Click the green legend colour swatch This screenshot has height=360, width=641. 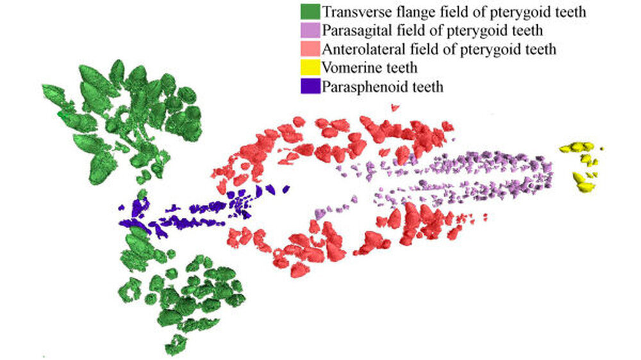[310, 12]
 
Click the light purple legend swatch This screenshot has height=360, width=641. [310, 30]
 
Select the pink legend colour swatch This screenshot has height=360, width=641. [310, 49]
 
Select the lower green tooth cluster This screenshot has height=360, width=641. [186, 295]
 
